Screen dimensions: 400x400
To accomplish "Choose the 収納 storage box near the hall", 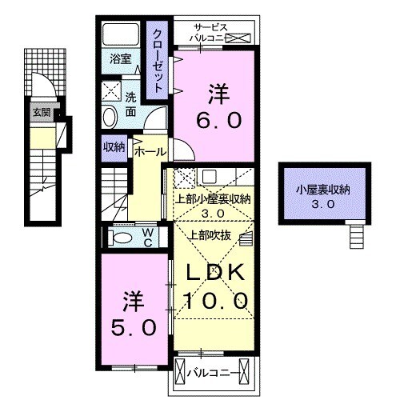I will point(113,146).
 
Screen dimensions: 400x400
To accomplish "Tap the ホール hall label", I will point(150,150).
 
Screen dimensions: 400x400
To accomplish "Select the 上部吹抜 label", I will point(210,234).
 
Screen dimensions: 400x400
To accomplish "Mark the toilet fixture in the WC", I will point(122,238).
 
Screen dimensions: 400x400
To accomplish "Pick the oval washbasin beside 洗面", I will point(110,118).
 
